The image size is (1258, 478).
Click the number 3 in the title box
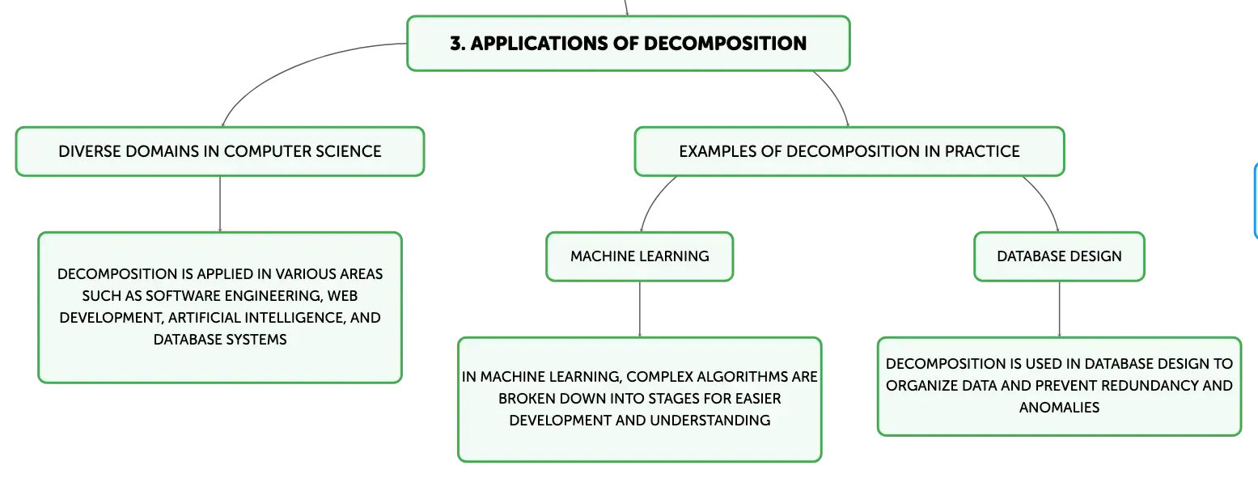coord(456,43)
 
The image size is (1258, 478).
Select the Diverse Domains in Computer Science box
coord(220,152)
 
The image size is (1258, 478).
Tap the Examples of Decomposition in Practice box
coord(849,152)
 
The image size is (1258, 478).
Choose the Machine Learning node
coord(640,256)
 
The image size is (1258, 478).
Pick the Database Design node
coord(1059,256)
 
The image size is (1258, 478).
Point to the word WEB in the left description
coord(342,296)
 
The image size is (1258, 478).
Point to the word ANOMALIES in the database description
coord(1059,408)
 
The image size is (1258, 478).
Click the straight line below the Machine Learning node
coord(640,309)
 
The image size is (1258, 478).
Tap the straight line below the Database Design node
coord(1060,309)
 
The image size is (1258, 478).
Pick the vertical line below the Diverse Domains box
coord(220,204)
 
